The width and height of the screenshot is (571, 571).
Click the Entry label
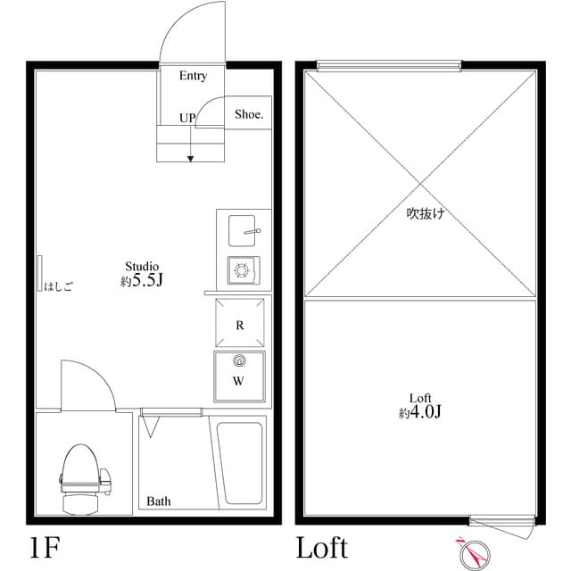pyautogui.click(x=193, y=76)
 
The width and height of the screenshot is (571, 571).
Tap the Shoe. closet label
pyautogui.click(x=249, y=114)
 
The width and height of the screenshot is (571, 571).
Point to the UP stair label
pyautogui.click(x=187, y=118)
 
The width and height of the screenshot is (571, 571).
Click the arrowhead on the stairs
pyautogui.click(x=190, y=159)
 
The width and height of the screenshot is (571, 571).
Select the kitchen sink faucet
pyautogui.click(x=252, y=231)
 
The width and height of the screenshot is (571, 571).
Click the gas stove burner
pyautogui.click(x=242, y=270)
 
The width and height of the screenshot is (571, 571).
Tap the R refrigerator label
pyautogui.click(x=240, y=325)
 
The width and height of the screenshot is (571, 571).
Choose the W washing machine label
pyautogui.click(x=238, y=381)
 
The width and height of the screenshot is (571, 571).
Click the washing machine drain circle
pyautogui.click(x=239, y=360)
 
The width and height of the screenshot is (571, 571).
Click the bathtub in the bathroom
pyautogui.click(x=240, y=463)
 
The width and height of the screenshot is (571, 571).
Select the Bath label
pyautogui.click(x=159, y=501)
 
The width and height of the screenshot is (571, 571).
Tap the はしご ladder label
pyautogui.click(x=58, y=286)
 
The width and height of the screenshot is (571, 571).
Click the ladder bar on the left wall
pyautogui.click(x=39, y=273)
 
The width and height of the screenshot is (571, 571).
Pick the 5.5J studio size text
pyautogui.click(x=147, y=280)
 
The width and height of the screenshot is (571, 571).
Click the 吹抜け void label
pyautogui.click(x=426, y=213)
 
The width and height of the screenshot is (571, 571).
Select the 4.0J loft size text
pyautogui.click(x=426, y=412)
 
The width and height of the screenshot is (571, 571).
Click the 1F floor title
pyautogui.click(x=45, y=548)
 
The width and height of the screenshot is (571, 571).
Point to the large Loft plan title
pyautogui.click(x=323, y=547)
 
